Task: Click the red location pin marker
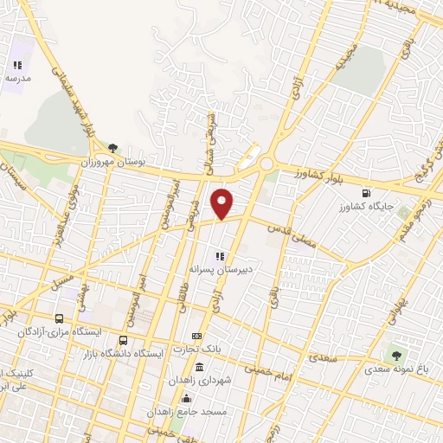coord(222,203)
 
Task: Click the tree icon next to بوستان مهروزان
coord(112,148)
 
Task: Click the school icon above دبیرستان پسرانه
coord(220,256)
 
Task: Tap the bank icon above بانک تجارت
coord(197,336)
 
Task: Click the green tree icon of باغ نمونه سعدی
coord(397,353)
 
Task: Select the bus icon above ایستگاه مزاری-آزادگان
coord(59,318)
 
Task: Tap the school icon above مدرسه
coord(16,65)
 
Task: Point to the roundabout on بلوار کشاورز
coord(266,164)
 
